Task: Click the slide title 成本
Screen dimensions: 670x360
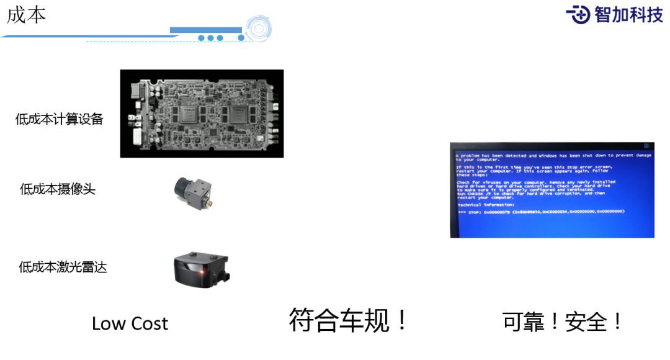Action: point(27,15)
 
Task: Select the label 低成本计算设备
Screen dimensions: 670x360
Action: point(59,119)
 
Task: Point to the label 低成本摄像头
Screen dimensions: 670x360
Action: point(58,189)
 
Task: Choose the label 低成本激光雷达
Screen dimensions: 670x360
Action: point(63,267)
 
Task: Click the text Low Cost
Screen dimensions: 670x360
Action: point(130,323)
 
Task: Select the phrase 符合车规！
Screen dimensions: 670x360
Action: point(349,320)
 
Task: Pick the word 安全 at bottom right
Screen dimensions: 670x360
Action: point(586,322)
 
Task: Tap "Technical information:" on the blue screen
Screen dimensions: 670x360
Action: point(486,204)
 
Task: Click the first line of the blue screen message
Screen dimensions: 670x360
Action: point(552,155)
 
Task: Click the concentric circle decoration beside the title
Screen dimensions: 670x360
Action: point(258,29)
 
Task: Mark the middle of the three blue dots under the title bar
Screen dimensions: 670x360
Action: point(211,38)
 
